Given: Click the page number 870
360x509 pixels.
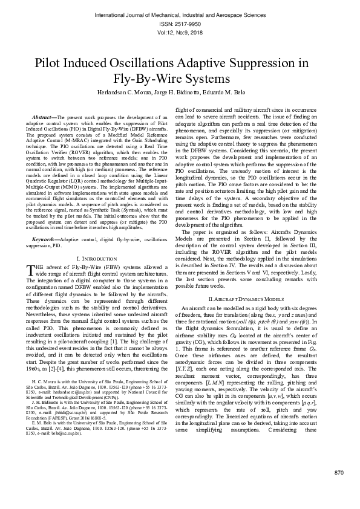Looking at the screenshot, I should coord(339,488).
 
